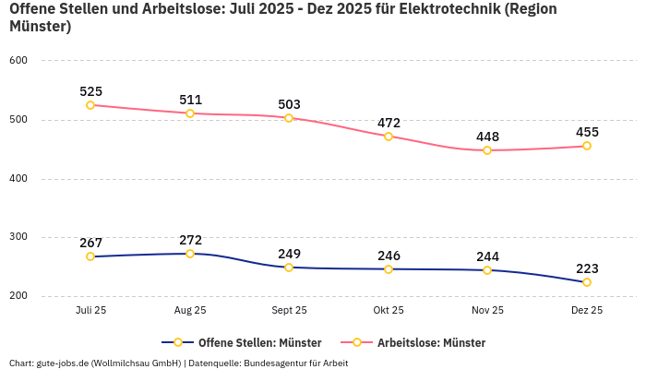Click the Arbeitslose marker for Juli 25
click(x=90, y=105)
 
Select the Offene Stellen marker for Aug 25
click(x=190, y=253)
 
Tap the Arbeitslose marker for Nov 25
click(x=487, y=150)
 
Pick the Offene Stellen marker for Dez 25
click(x=587, y=282)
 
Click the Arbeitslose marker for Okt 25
click(x=389, y=137)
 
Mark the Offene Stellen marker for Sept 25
click(x=289, y=268)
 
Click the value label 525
click(x=90, y=91)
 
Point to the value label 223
click(x=587, y=268)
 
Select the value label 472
click(x=389, y=123)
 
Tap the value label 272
click(x=190, y=240)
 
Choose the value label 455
click(x=587, y=132)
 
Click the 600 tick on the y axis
click(x=18, y=61)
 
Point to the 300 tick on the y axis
click(x=18, y=237)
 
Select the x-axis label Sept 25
click(x=289, y=311)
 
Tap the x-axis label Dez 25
click(x=587, y=311)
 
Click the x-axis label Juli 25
click(x=90, y=311)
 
